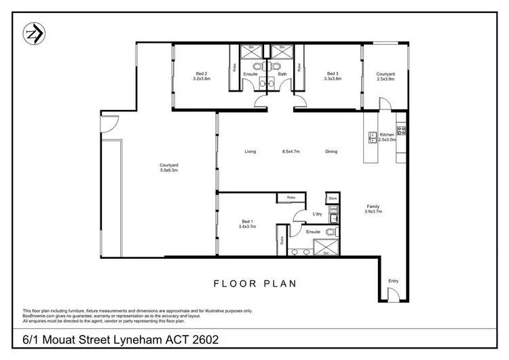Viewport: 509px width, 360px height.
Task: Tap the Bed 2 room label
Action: (202, 73)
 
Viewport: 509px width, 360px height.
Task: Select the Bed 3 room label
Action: (332, 73)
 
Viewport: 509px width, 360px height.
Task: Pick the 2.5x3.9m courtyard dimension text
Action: (385, 79)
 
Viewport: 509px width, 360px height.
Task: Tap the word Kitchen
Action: (387, 134)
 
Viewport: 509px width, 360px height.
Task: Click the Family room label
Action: (373, 206)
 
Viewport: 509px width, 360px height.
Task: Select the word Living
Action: (250, 151)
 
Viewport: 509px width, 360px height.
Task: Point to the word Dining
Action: (331, 151)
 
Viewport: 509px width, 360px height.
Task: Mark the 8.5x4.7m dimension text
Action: (290, 151)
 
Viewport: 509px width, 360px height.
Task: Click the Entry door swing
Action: (393, 293)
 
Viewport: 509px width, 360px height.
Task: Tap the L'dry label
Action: (316, 215)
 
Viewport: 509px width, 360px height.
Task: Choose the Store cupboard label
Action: (333, 198)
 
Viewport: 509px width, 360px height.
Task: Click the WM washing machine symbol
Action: (333, 210)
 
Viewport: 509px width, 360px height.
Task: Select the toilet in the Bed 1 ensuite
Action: (331, 232)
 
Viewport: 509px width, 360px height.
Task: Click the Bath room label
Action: (282, 73)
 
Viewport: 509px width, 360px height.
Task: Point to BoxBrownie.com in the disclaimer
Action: (40, 315)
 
